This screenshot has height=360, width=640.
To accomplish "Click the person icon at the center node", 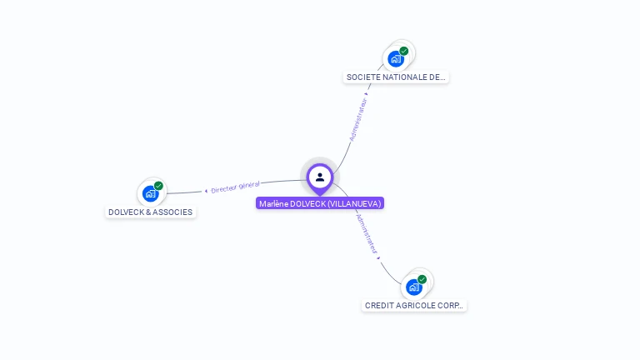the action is [x=320, y=177].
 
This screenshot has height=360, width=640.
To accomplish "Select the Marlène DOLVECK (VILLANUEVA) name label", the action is [x=320, y=203].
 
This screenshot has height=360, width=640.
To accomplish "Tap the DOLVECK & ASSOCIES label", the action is [x=150, y=212].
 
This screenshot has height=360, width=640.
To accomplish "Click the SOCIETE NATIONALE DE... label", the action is [x=396, y=77].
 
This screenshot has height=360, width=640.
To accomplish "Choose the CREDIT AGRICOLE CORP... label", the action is [x=415, y=305].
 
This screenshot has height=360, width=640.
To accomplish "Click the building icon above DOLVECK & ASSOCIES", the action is [x=150, y=193].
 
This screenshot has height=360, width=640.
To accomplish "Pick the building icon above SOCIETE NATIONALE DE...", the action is [x=395, y=58].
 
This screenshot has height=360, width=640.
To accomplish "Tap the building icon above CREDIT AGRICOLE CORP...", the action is [x=413, y=287].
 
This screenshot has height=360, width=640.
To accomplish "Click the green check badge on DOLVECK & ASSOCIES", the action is [x=158, y=186].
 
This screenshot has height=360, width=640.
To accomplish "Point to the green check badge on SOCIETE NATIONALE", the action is [x=404, y=51].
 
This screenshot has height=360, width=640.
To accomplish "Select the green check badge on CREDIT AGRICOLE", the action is [x=422, y=279].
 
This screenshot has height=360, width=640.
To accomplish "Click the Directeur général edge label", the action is [x=236, y=187].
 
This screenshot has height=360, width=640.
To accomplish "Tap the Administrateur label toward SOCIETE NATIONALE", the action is [x=357, y=121].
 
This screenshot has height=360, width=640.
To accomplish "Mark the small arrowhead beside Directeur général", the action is [x=206, y=191].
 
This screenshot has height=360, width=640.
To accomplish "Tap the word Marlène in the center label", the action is [x=272, y=203].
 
